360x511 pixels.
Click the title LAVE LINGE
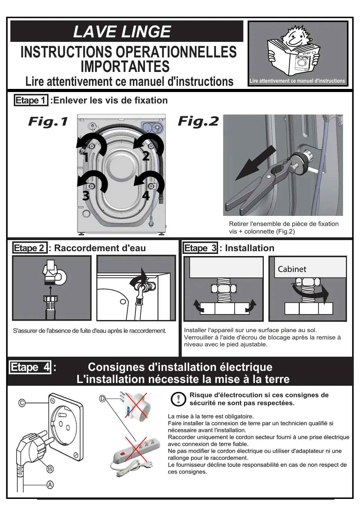coord(122,31)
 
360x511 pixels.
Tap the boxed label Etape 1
coord(30,100)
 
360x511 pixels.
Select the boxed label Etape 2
coord(29,248)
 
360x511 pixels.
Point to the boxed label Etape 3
coord(200,248)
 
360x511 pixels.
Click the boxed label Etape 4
coord(30,367)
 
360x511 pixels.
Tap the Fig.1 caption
coord(48,121)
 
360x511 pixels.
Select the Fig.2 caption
coord(198,121)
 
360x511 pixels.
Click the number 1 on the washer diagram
coord(86,158)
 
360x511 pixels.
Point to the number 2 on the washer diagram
coord(146,156)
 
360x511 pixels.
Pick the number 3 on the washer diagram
coord(86,196)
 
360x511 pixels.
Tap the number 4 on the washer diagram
coord(146,195)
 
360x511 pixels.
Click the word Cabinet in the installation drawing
coord(292,269)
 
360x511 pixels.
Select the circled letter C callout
coord(22,403)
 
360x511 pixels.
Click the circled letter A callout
coord(50,485)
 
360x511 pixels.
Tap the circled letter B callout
coord(50,469)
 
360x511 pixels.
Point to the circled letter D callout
coord(102,399)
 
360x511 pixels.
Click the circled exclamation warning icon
coord(178,399)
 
